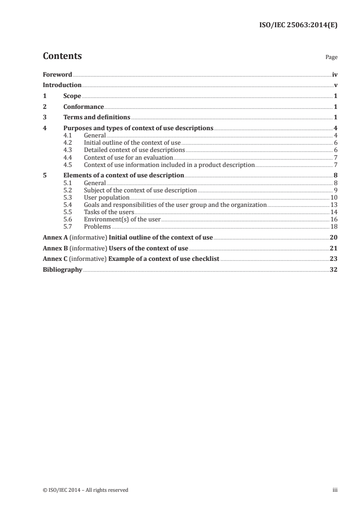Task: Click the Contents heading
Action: [x=62, y=56]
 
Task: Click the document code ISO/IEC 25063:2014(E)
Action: [x=297, y=25]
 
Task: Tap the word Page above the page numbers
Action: [x=331, y=58]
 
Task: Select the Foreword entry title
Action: [x=57, y=74]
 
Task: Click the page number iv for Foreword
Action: [x=335, y=74]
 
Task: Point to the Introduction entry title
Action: [x=62, y=85]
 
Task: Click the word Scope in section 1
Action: [x=72, y=96]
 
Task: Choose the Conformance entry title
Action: [x=84, y=107]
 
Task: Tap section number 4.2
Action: [x=68, y=142]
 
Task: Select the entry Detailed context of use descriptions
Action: [x=134, y=150]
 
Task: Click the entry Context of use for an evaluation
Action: [x=128, y=157]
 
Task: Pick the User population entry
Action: [x=107, y=198]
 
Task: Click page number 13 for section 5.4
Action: [x=334, y=205]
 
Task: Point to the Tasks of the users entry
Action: [x=109, y=212]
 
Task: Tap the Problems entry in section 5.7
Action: [x=98, y=227]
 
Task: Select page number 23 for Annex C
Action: [x=334, y=259]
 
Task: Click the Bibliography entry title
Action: [x=62, y=269]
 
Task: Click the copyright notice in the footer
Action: [x=85, y=490]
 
